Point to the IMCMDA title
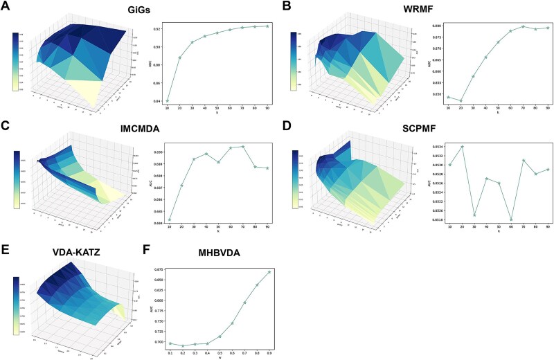143,128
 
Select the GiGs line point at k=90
267,26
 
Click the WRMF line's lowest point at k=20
461,101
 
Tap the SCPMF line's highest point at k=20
461,147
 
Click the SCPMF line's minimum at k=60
510,219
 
